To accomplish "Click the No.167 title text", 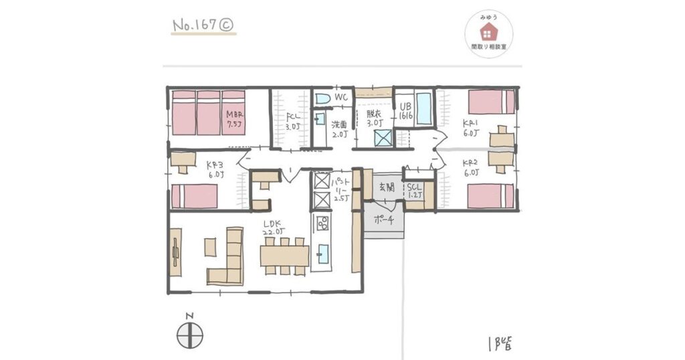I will [203, 25].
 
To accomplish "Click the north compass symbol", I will [190, 333].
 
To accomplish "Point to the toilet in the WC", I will [322, 98].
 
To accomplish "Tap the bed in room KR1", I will [490, 102].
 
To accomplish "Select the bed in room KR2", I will [490, 196].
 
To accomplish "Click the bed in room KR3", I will [195, 197].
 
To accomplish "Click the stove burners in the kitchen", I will [322, 223].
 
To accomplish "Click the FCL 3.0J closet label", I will [291, 121].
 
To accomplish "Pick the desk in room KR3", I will [182, 160].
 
